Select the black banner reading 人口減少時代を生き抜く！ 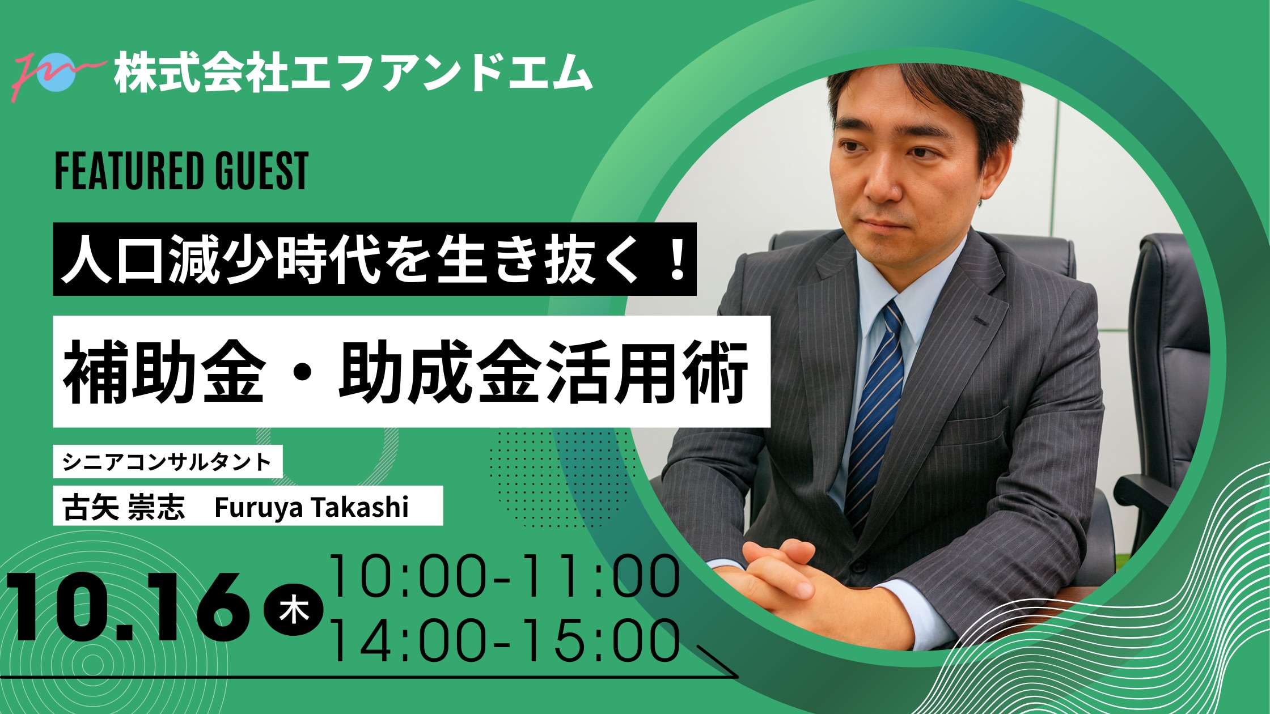[375, 259]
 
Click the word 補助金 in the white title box [164, 372]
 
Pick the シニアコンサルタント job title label [168, 462]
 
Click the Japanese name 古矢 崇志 [124, 507]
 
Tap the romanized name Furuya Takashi [311, 507]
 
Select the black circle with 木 [294, 611]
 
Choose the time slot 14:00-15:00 [505, 640]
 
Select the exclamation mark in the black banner [678, 260]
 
